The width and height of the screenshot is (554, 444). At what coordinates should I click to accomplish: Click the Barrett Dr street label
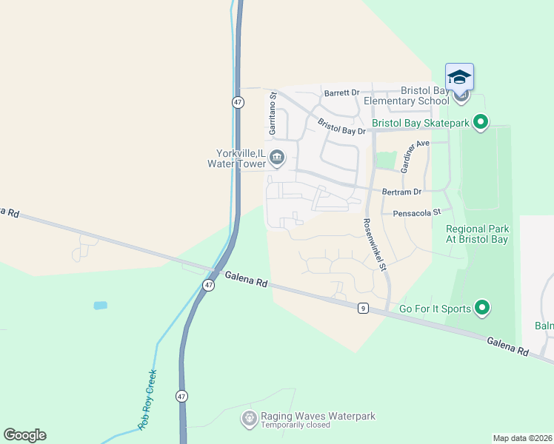341,93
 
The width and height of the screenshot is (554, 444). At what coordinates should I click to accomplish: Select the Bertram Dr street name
401,192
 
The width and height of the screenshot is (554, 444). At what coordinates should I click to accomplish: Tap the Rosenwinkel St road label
375,243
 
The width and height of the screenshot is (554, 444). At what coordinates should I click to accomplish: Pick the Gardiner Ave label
415,156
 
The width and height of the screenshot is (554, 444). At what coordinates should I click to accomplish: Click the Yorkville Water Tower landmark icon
277,157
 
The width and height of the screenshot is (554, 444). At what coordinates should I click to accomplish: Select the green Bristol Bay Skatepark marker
481,122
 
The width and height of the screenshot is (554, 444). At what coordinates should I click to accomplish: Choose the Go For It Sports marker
482,307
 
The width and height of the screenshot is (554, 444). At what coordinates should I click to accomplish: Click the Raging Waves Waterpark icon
249,419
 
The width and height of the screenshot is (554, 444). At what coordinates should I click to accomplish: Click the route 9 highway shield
362,308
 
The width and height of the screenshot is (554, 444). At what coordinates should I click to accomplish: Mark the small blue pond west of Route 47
101,305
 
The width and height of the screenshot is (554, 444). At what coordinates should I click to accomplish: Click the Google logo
24,435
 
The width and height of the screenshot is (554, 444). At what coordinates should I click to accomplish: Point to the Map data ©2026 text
523,438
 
